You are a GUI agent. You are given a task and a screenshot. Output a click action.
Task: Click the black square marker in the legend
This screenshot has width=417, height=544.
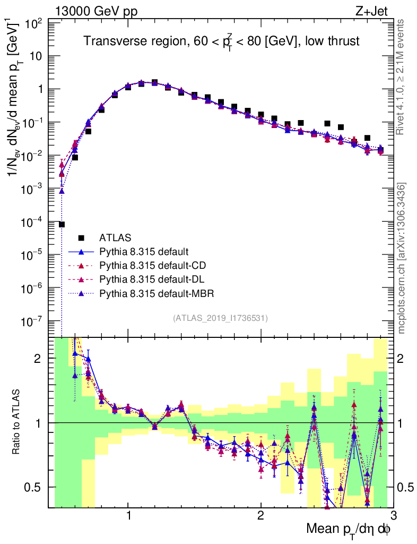tap(81, 237)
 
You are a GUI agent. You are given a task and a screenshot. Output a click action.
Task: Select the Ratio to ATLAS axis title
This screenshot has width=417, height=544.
tap(17, 422)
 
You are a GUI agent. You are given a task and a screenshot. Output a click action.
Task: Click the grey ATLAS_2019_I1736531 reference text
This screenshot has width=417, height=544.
tap(220, 318)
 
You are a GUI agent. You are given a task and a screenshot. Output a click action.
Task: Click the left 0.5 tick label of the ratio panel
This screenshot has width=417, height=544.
tap(39, 487)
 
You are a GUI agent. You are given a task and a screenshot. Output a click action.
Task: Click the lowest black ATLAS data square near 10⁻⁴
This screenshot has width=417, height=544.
tap(62, 224)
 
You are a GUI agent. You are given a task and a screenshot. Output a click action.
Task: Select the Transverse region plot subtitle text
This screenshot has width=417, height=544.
tap(222, 42)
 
